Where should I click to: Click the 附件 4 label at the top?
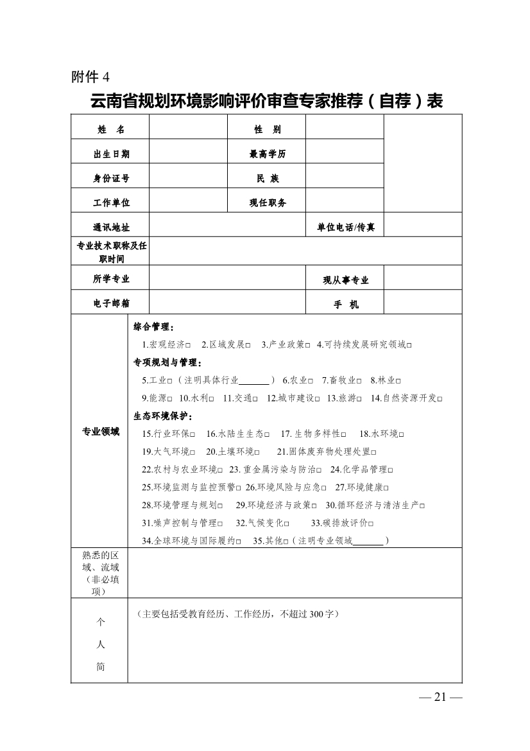(x=90, y=78)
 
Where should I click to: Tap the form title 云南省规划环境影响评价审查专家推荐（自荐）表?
(x=266, y=101)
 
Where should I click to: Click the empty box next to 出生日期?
(x=188, y=154)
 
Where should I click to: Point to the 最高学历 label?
(x=267, y=154)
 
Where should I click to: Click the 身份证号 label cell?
(x=111, y=179)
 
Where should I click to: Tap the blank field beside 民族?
(x=344, y=179)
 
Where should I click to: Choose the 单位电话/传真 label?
(x=345, y=227)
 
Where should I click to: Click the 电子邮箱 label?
(x=111, y=303)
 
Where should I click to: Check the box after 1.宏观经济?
(x=188, y=345)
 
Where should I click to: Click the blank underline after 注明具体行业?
(x=254, y=381)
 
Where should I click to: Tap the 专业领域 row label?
(x=101, y=432)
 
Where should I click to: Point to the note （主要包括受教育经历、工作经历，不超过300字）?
(x=237, y=614)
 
